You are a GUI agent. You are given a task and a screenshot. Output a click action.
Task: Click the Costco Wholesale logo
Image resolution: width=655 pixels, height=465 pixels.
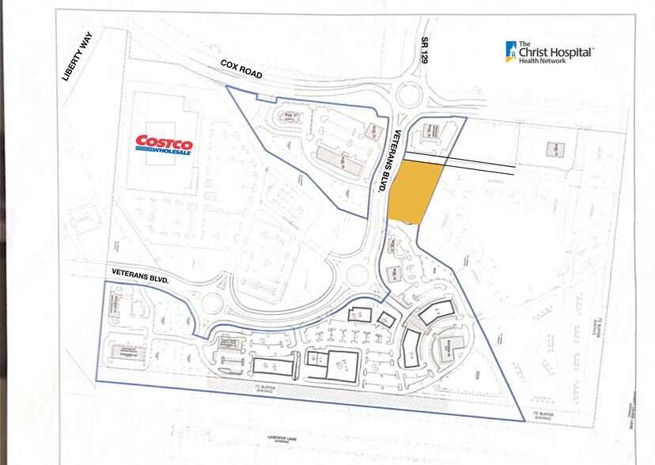[x=164, y=145]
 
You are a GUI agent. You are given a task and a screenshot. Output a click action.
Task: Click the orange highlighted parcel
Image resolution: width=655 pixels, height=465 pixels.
[x=415, y=192]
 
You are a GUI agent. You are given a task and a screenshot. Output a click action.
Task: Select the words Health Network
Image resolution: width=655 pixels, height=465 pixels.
[x=543, y=61]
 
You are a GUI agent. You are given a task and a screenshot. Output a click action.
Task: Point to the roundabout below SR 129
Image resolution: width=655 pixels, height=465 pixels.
[x=411, y=96]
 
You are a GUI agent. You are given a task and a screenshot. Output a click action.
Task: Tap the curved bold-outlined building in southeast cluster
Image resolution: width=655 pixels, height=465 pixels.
[x=411, y=348]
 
